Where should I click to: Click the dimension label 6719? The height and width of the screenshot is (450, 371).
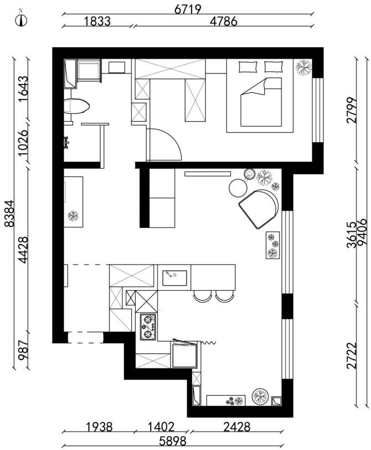click(x=188, y=9)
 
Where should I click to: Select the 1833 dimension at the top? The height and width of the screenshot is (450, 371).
click(x=97, y=21)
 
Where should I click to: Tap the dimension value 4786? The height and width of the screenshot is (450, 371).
click(x=224, y=21)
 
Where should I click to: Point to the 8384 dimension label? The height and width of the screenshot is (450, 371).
click(x=9, y=213)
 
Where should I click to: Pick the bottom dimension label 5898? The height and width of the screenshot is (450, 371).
click(x=173, y=441)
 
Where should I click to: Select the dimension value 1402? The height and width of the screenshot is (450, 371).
click(x=161, y=427)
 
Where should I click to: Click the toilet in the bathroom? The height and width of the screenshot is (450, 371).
click(x=76, y=106)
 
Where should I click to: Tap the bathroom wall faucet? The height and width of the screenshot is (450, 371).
click(x=66, y=142)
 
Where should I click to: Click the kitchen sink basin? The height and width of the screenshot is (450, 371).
click(x=174, y=278)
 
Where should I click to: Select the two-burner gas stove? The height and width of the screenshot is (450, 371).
click(x=148, y=327)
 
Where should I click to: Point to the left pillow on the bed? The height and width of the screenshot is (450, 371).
click(x=248, y=67)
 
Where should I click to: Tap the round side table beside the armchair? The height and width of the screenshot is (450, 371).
click(x=238, y=188)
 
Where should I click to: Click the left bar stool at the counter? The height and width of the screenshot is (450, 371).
click(x=202, y=296)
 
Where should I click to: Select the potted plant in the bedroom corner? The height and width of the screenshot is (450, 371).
click(x=303, y=67)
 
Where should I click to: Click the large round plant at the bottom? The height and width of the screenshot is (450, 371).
click(x=260, y=396)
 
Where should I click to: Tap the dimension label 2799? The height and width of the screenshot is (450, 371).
click(x=352, y=110)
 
